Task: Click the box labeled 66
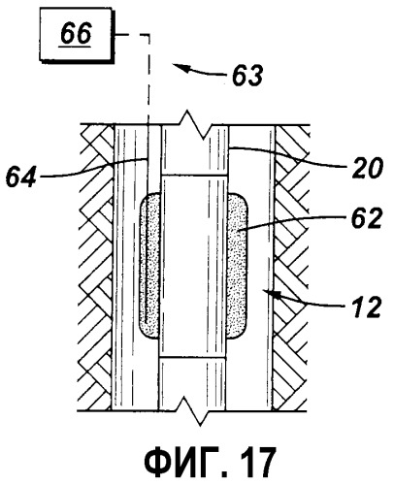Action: pyautogui.click(x=77, y=35)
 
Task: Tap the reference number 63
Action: pyautogui.click(x=247, y=76)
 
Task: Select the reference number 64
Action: pyautogui.click(x=20, y=176)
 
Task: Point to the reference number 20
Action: pyautogui.click(x=368, y=168)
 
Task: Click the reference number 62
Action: pyautogui.click(x=367, y=218)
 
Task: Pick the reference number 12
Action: pyautogui.click(x=365, y=307)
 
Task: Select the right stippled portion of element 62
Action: pyautogui.click(x=237, y=266)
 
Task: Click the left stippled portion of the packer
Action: pyautogui.click(x=149, y=266)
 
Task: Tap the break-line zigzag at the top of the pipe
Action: pyautogui.click(x=195, y=124)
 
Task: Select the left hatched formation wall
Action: pyautogui.click(x=97, y=268)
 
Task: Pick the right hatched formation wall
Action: pyautogui.click(x=290, y=268)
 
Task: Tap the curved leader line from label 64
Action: pyautogui.click(x=94, y=169)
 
